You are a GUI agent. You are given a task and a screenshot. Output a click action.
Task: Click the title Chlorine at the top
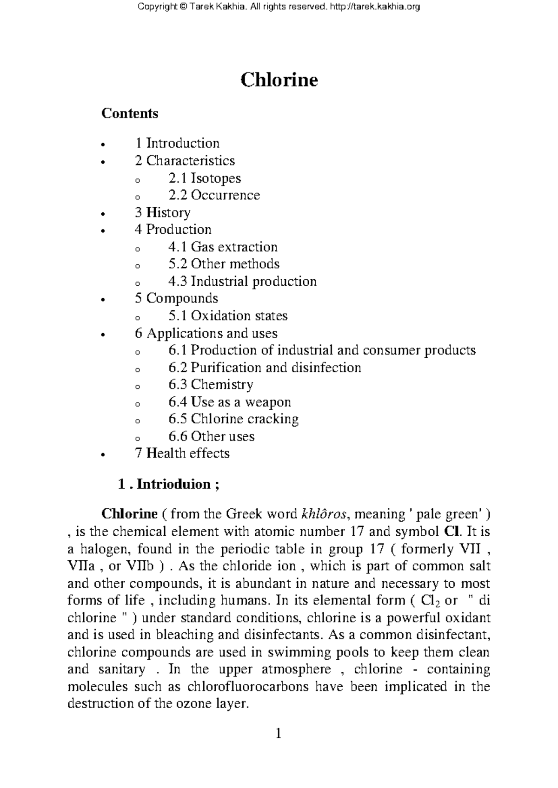[x=279, y=80]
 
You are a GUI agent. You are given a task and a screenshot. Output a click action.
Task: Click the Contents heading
[x=130, y=113]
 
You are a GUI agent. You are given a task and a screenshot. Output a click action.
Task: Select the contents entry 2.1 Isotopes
[x=205, y=178]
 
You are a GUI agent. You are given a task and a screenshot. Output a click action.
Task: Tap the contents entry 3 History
[x=162, y=212]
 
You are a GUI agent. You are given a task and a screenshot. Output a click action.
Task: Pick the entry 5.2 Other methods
[x=224, y=264]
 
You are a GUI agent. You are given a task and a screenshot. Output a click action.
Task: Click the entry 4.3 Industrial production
[x=242, y=281]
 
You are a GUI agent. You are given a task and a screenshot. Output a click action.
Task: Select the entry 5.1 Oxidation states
[x=228, y=316]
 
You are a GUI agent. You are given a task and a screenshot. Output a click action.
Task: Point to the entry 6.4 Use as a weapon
[x=230, y=402]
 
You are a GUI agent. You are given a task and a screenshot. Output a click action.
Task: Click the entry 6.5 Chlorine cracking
[x=233, y=419]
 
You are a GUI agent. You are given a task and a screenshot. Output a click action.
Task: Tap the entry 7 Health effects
[x=182, y=453]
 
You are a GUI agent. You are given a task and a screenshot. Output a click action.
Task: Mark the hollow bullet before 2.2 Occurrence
[x=137, y=197]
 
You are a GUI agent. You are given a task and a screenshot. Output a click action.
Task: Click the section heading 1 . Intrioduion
[x=169, y=484]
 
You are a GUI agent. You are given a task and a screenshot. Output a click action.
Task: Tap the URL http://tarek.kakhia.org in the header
[x=374, y=7]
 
